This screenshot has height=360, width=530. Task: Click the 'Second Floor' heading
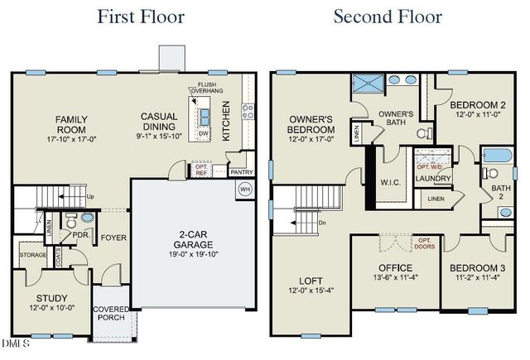tap(388, 16)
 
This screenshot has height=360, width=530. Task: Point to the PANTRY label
tap(241, 171)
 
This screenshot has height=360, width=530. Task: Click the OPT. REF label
tap(200, 171)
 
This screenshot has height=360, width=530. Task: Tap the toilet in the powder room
tap(89, 220)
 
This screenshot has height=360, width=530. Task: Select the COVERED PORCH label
tap(110, 312)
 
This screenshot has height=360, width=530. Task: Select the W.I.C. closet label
tap(391, 182)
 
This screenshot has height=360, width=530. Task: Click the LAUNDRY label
tap(432, 177)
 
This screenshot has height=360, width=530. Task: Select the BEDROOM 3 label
tap(477, 268)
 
